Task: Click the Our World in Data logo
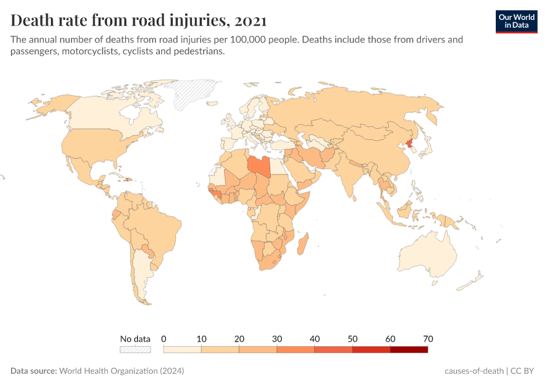point(516,21)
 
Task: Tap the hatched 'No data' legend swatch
point(135,349)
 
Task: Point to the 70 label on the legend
point(427,338)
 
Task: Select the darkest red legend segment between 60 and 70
point(409,349)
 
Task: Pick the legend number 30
point(277,338)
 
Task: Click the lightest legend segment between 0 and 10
point(182,349)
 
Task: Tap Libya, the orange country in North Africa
point(259,165)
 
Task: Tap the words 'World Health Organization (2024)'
point(122,371)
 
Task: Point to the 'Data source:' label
point(34,371)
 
